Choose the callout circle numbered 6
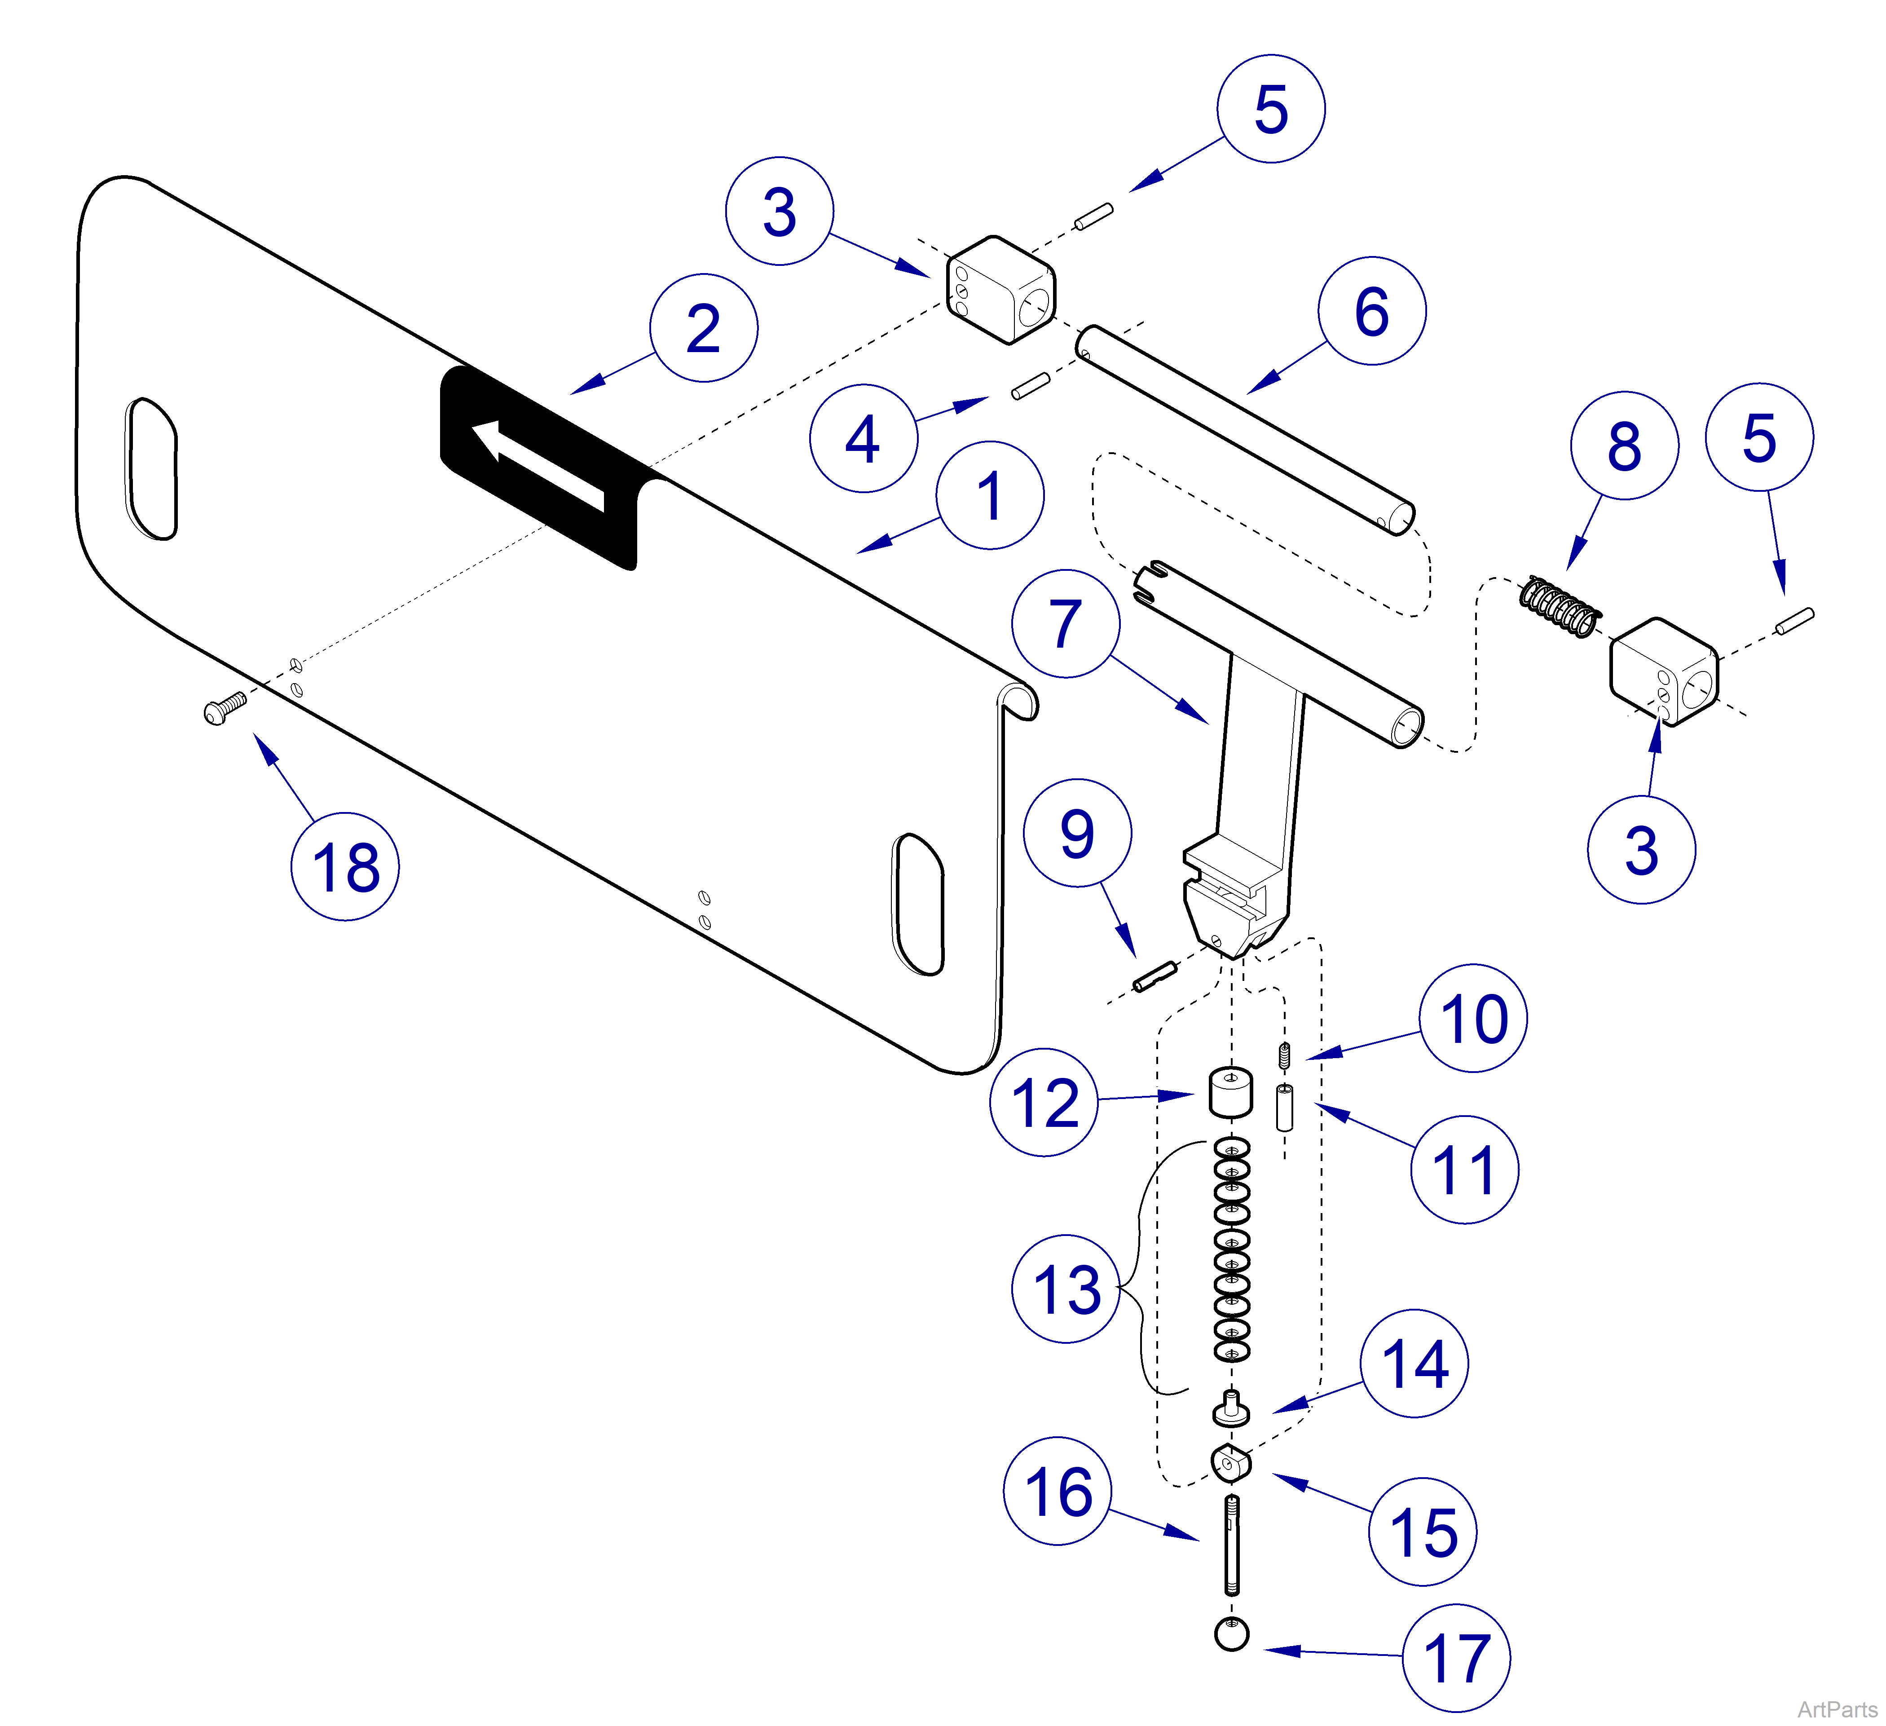(1371, 311)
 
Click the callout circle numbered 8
(1624, 445)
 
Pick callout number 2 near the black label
(704, 327)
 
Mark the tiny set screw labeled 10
(1284, 1054)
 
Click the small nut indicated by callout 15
(1231, 1462)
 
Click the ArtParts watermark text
(1837, 1709)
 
